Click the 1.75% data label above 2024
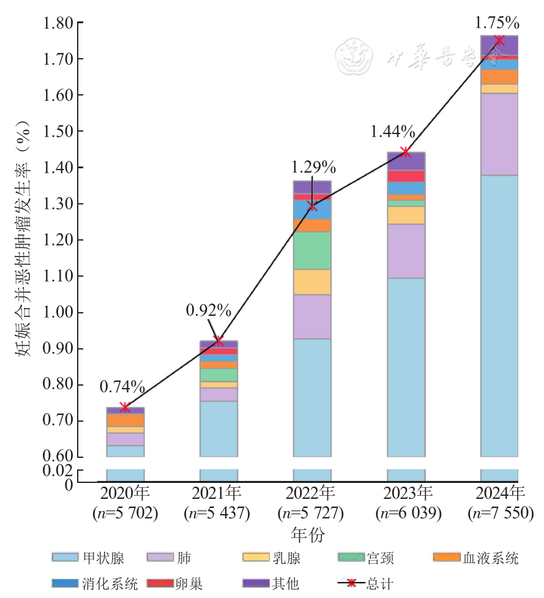[x=497, y=23]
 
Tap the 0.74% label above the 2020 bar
[x=122, y=387]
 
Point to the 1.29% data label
[x=313, y=166]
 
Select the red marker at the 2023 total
[x=405, y=152]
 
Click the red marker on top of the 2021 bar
[x=218, y=341]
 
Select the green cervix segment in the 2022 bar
[x=312, y=250]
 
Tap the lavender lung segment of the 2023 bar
[x=406, y=251]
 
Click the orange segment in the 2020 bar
[x=125, y=420]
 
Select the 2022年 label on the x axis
[x=312, y=493]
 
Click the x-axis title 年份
[x=308, y=534]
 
